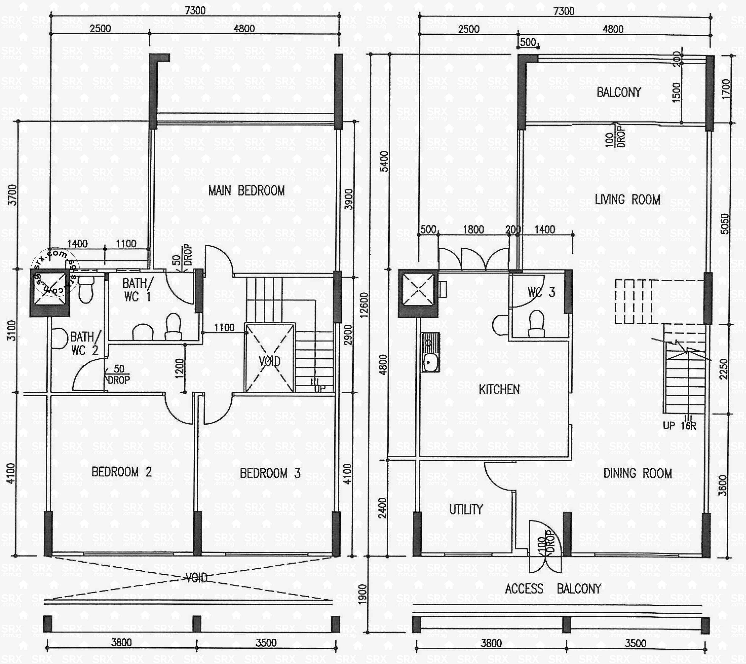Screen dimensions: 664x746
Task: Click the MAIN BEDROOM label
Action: pos(246,191)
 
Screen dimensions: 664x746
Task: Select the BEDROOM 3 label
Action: pos(270,473)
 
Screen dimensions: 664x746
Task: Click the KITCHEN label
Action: pos(499,389)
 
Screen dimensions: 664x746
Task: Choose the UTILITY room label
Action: pos(466,510)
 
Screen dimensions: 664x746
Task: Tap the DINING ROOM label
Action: pos(637,473)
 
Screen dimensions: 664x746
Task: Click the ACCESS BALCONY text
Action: pos(552,588)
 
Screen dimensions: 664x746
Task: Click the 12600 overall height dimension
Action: pos(364,305)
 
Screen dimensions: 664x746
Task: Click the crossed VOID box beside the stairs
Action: pos(270,358)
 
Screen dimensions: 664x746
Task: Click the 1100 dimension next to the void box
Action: pos(224,328)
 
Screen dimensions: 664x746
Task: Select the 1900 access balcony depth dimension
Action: pos(362,594)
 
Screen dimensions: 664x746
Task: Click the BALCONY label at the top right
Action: pos(619,92)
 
